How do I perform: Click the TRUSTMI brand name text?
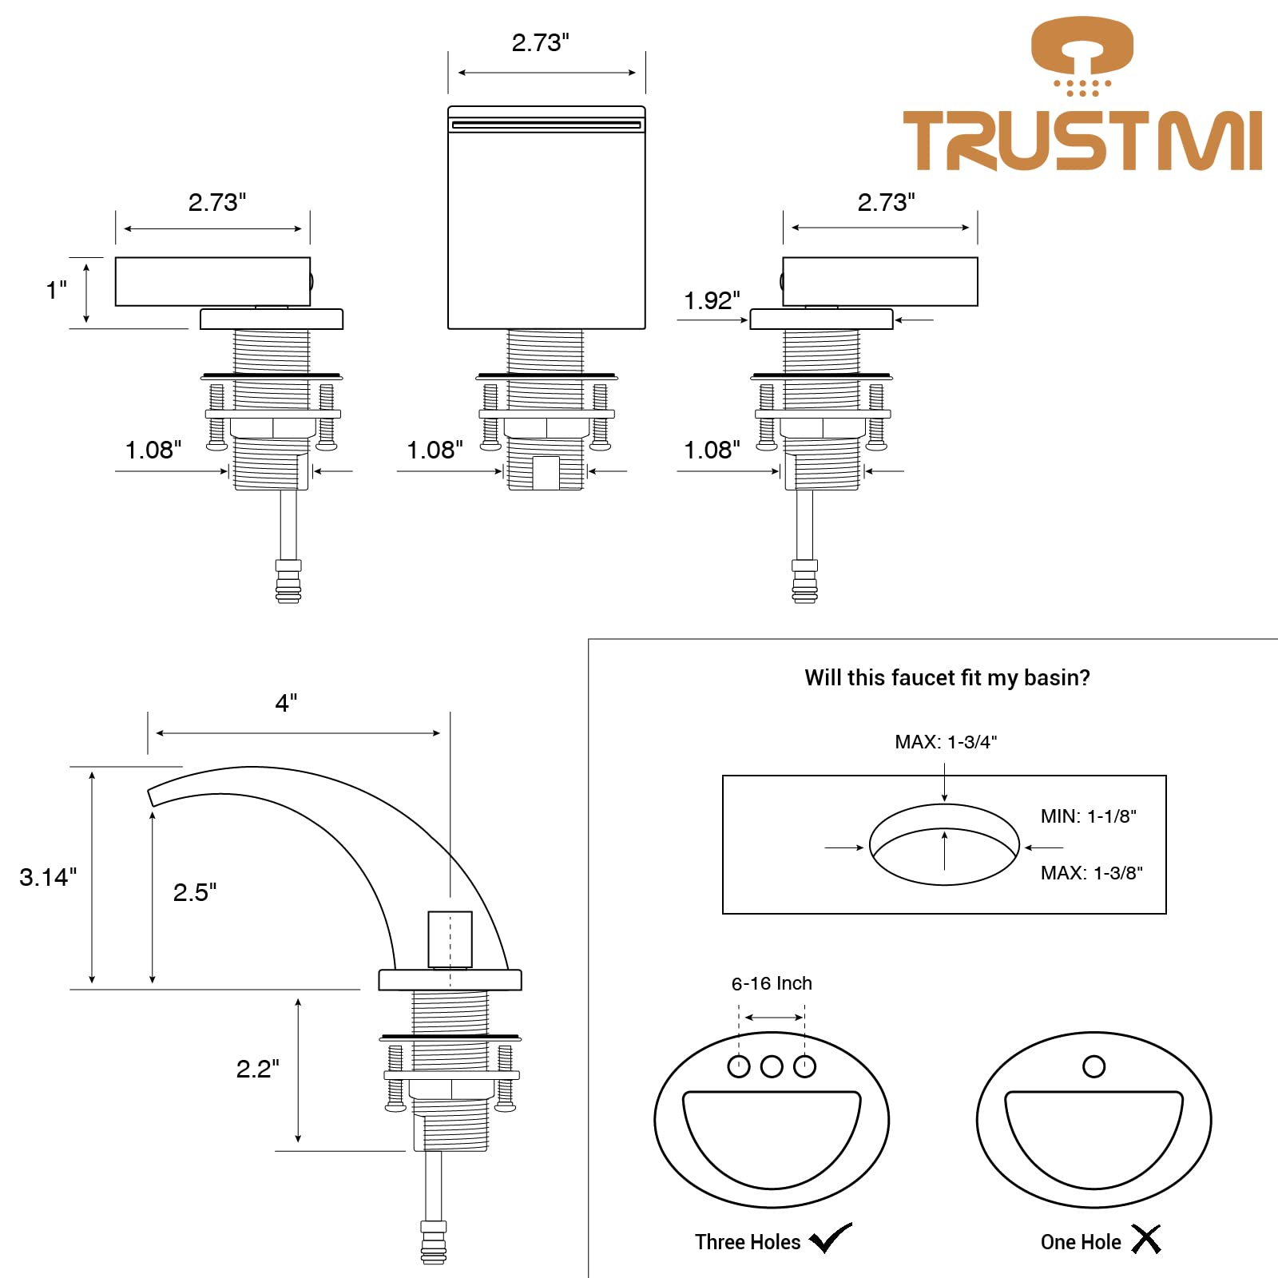pyautogui.click(x=1082, y=141)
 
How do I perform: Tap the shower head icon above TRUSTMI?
pyautogui.click(x=1082, y=56)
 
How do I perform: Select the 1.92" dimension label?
pyautogui.click(x=712, y=300)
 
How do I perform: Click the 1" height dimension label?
pyautogui.click(x=56, y=289)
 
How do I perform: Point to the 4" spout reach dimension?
pyautogui.click(x=286, y=703)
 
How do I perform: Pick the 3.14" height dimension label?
pyautogui.click(x=48, y=877)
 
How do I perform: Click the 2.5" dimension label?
pyautogui.click(x=195, y=892)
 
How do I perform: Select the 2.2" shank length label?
pyautogui.click(x=258, y=1069)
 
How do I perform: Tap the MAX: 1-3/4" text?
pyautogui.click(x=946, y=742)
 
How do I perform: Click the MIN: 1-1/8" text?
pyautogui.click(x=1088, y=816)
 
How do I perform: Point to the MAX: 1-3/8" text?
pyautogui.click(x=1091, y=873)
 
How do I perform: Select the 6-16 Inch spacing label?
pyautogui.click(x=772, y=983)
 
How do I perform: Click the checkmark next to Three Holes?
pyautogui.click(x=831, y=1238)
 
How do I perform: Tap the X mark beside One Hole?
pyautogui.click(x=1146, y=1239)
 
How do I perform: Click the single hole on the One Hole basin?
pyautogui.click(x=1093, y=1066)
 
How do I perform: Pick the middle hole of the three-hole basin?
pyautogui.click(x=772, y=1066)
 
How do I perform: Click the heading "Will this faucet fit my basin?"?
pyautogui.click(x=947, y=678)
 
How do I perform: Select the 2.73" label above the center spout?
pyautogui.click(x=541, y=42)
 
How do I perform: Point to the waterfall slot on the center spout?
pyautogui.click(x=546, y=125)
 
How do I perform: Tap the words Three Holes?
pyautogui.click(x=748, y=1242)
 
